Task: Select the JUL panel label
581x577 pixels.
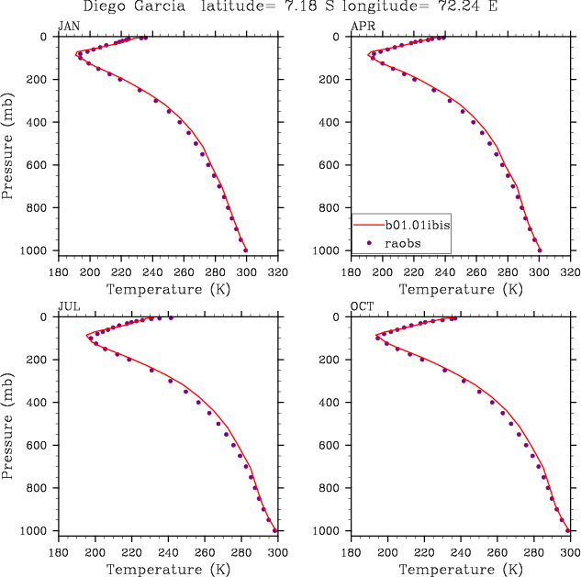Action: [x=69, y=306]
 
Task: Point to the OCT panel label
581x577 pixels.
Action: [x=363, y=306]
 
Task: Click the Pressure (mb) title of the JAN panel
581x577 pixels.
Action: [x=8, y=143]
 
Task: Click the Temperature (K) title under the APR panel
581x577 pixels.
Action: [x=461, y=289]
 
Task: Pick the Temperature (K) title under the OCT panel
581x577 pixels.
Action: [x=461, y=570]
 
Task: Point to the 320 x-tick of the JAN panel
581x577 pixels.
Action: [x=278, y=272]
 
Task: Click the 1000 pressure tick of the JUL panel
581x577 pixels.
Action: [x=37, y=531]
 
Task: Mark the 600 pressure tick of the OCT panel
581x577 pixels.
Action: [x=333, y=446]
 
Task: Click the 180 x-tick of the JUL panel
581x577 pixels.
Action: [x=58, y=553]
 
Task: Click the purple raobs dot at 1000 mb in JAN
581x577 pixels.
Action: [x=245, y=250]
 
